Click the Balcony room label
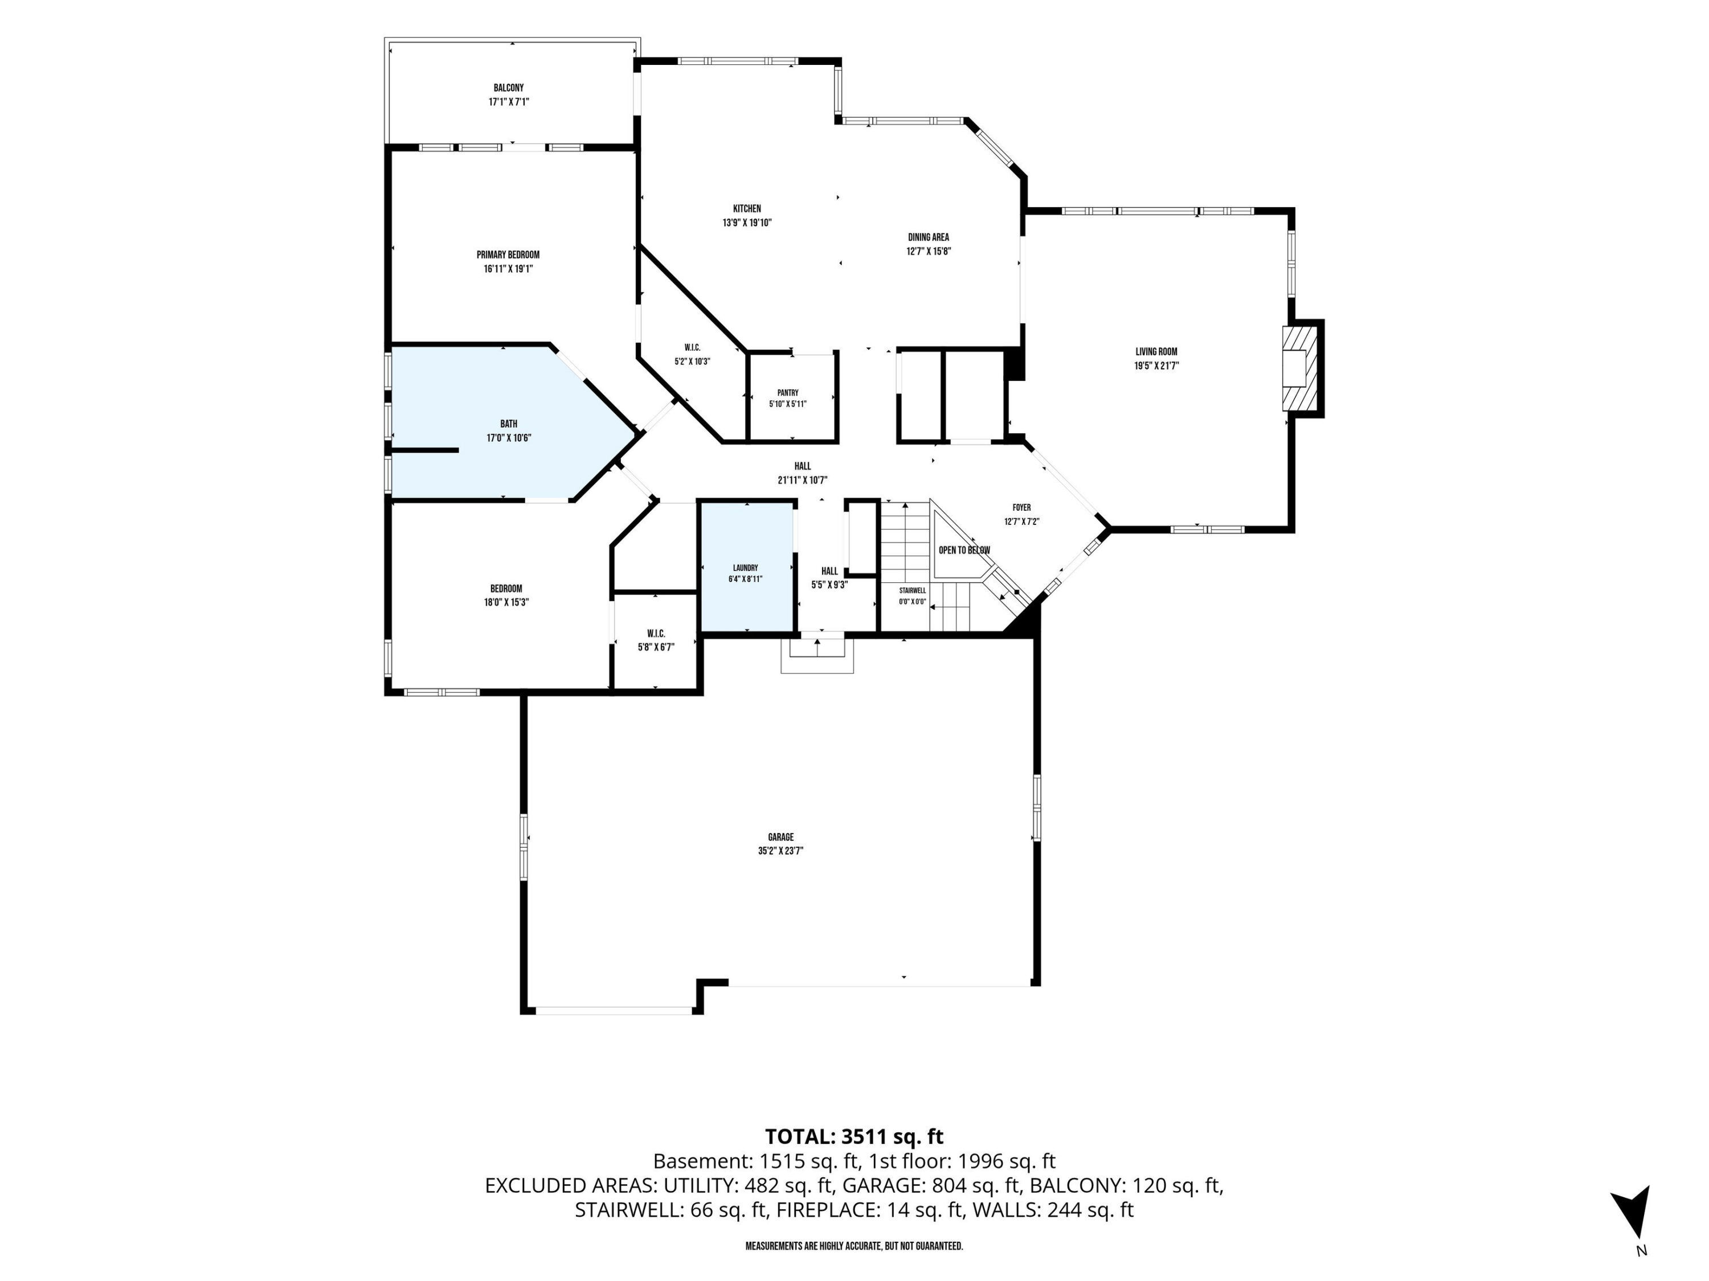pos(508,88)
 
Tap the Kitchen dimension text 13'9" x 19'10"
pos(747,223)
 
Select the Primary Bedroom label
pos(508,255)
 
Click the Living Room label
pos(1156,352)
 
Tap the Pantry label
pos(788,393)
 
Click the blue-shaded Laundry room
pos(746,568)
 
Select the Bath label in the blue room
pos(508,424)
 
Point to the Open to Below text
pos(964,551)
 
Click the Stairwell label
pos(913,591)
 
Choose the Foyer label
pos(1021,507)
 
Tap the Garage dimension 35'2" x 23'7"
pos(781,851)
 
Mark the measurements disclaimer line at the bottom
pos(854,1246)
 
